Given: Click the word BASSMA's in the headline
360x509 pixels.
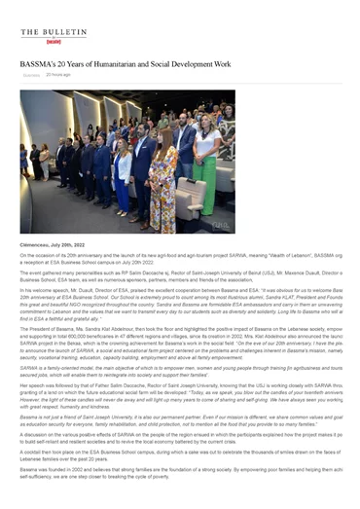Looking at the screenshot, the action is point(40,63).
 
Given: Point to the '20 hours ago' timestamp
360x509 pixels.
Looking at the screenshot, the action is point(58,74).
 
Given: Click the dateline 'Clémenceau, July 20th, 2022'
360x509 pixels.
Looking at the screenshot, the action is point(57,244).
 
